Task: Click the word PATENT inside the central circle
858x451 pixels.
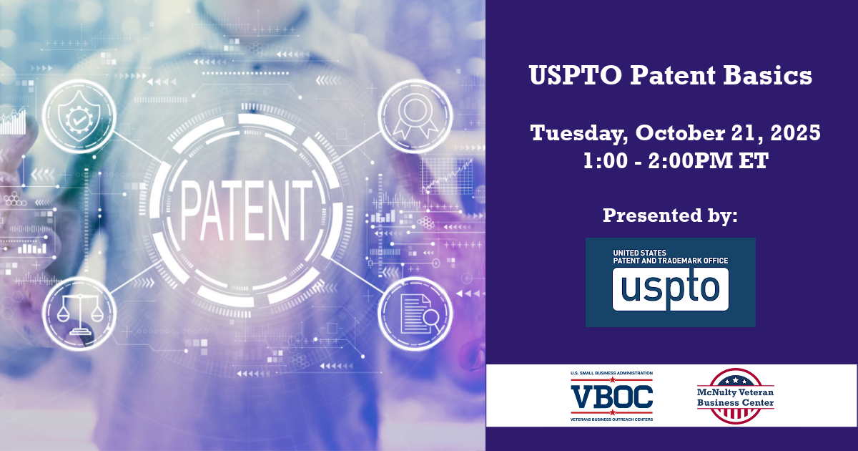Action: (x=245, y=210)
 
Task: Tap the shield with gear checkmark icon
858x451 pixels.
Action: (x=79, y=117)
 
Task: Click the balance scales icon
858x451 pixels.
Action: (x=79, y=314)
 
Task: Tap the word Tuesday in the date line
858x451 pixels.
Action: (x=578, y=134)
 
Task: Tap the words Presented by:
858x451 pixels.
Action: (x=670, y=215)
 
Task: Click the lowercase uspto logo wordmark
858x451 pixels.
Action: (x=671, y=289)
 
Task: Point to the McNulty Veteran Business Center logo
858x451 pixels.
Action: (x=735, y=396)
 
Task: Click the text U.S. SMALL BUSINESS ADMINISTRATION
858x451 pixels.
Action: (x=612, y=373)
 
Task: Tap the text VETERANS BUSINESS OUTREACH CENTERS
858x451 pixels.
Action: (x=612, y=420)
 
